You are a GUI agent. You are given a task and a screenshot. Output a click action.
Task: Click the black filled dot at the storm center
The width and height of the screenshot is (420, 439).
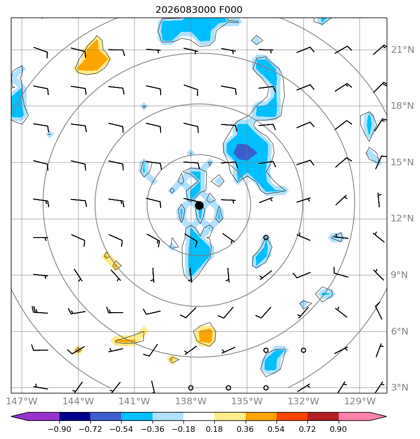pyautogui.click(x=199, y=206)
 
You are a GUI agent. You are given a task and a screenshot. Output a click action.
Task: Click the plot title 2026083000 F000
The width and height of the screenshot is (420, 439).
pyautogui.click(x=199, y=10)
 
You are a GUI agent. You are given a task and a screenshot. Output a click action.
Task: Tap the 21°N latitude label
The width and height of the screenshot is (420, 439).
pyautogui.click(x=402, y=50)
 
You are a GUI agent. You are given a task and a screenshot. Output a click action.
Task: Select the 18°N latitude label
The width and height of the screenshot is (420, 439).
pyautogui.click(x=402, y=106)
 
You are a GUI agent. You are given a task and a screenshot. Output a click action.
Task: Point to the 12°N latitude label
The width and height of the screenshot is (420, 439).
pyautogui.click(x=402, y=219)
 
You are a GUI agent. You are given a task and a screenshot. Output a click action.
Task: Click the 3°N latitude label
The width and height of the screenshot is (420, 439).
pyautogui.click(x=400, y=388)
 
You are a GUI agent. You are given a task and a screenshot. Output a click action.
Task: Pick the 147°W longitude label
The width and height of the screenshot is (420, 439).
pyautogui.click(x=21, y=401)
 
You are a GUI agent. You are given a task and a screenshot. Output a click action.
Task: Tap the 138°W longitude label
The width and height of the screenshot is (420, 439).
pyautogui.click(x=191, y=401)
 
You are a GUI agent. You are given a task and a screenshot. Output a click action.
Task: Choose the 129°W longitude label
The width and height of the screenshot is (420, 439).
pyautogui.click(x=360, y=401)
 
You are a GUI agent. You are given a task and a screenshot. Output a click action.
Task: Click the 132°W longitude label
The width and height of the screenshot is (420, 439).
pyautogui.click(x=304, y=401)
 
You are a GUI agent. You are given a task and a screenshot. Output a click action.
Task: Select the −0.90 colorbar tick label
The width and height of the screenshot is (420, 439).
pyautogui.click(x=59, y=429)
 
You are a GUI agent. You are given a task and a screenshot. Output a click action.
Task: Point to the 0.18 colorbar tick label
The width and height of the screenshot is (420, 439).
pyautogui.click(x=214, y=429)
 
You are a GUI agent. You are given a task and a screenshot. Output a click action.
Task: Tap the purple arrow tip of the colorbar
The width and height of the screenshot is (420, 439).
pyautogui.click(x=12, y=416)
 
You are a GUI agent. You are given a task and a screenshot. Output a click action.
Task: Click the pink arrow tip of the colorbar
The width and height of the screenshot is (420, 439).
pyautogui.click(x=386, y=416)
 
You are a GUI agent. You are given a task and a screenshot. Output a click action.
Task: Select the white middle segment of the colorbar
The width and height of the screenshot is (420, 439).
pyautogui.click(x=199, y=416)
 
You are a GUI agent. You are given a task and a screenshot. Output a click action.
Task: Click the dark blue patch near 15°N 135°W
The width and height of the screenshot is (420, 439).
pyautogui.click(x=245, y=152)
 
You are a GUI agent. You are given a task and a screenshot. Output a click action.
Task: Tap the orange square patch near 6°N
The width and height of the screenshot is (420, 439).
pyautogui.click(x=206, y=336)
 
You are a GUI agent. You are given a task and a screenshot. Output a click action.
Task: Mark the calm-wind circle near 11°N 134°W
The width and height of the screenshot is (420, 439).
pyautogui.click(x=266, y=238)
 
